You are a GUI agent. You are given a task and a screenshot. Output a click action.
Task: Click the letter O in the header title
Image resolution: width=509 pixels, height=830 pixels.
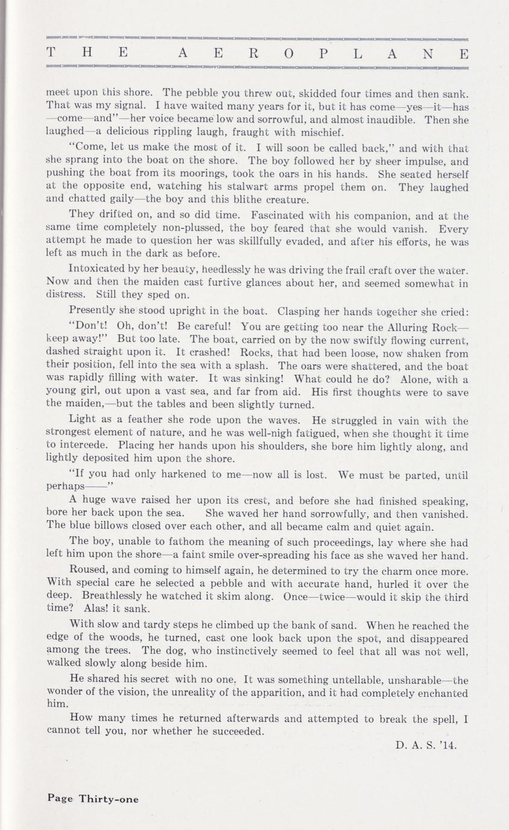[x=289, y=53]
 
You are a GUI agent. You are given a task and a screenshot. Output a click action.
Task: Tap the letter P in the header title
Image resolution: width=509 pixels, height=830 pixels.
[x=324, y=53]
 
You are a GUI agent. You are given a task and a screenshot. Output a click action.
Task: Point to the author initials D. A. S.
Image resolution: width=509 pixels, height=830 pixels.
[x=414, y=745]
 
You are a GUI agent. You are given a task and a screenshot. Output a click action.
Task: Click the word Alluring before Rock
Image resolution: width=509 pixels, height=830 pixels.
[x=408, y=327]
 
